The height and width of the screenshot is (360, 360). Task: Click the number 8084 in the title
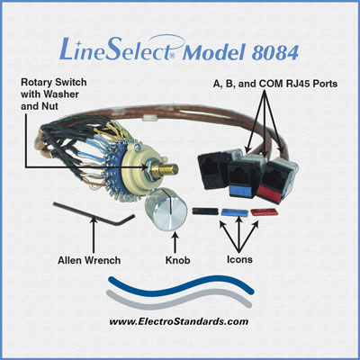(274, 53)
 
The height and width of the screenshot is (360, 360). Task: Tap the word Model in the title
(214, 53)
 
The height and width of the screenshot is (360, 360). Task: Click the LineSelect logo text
(120, 49)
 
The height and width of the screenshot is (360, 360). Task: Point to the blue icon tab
(235, 212)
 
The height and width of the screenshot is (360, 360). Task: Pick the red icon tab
(265, 212)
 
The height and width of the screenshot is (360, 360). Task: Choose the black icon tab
(205, 211)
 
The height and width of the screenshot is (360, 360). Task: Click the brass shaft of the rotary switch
(166, 169)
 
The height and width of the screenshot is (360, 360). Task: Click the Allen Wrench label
(89, 260)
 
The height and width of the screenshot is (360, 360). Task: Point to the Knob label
(177, 260)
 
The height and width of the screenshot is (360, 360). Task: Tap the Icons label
(239, 259)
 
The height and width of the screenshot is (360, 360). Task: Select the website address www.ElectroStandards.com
(179, 321)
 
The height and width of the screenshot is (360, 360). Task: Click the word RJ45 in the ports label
(298, 84)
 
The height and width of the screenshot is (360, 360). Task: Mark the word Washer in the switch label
(62, 94)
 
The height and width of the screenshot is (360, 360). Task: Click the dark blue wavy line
(181, 285)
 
